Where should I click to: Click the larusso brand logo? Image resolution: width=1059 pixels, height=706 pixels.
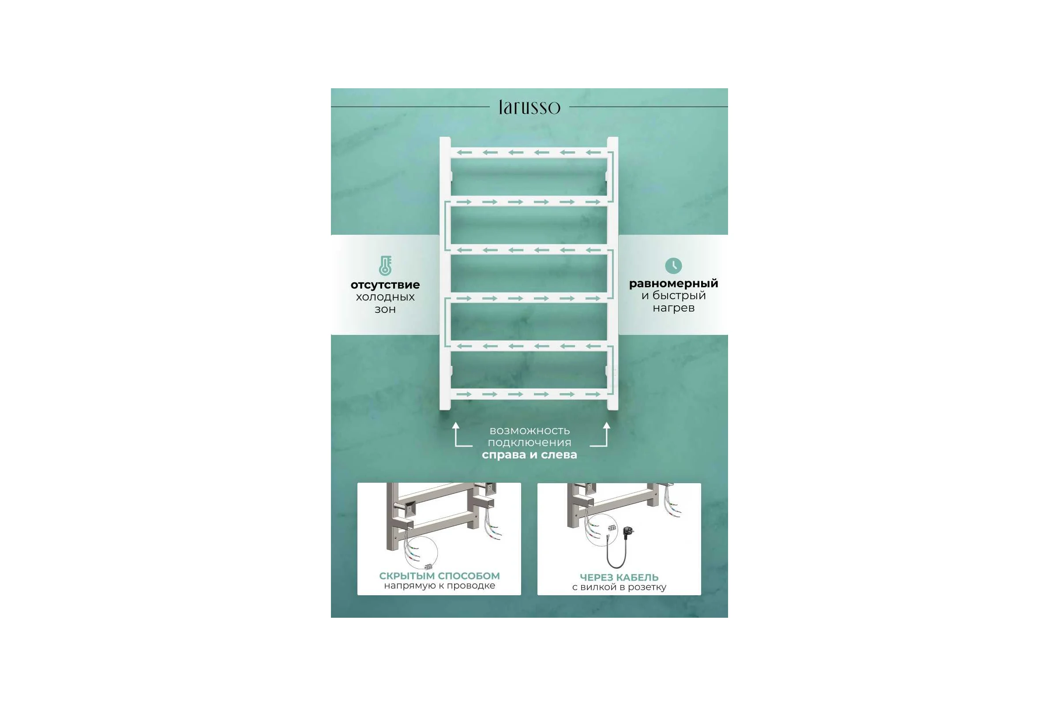click(x=529, y=107)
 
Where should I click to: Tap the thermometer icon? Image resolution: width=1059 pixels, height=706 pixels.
click(x=385, y=266)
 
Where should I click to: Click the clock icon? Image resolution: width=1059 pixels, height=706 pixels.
click(x=673, y=266)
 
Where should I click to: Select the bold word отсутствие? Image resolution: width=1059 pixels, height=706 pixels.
click(x=385, y=285)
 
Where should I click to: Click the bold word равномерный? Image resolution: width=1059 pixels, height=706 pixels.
click(x=674, y=284)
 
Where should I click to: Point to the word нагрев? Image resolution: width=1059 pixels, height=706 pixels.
click(x=674, y=308)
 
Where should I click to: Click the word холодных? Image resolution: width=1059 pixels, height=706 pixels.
click(x=385, y=297)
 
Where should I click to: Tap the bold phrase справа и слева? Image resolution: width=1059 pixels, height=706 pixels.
click(x=529, y=455)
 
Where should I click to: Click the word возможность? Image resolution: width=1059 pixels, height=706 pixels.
click(x=529, y=431)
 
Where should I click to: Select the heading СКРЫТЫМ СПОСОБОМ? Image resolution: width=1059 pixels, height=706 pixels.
click(x=439, y=576)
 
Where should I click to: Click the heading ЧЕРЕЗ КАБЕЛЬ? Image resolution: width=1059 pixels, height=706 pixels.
click(x=619, y=577)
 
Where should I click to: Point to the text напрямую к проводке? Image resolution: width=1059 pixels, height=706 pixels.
click(x=439, y=586)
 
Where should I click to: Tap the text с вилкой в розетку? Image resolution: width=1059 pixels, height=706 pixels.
click(x=619, y=587)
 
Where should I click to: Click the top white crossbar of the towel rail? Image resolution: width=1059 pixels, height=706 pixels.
click(x=529, y=153)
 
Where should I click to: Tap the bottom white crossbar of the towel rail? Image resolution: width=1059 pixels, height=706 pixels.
click(x=529, y=394)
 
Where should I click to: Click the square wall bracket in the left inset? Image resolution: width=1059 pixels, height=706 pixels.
click(x=409, y=509)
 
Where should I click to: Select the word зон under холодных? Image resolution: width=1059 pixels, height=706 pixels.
click(x=385, y=309)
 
